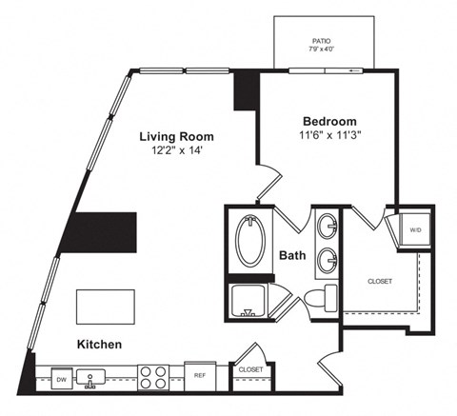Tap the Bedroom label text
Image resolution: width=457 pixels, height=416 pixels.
[329, 121]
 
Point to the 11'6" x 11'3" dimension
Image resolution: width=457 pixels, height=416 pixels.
[329, 135]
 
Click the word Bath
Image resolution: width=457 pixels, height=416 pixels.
[293, 255]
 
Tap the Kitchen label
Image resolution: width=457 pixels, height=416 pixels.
[100, 344]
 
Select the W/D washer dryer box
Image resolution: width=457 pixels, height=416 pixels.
[416, 230]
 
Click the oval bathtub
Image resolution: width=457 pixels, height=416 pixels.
[252, 243]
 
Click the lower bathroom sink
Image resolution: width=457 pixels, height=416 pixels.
[328, 258]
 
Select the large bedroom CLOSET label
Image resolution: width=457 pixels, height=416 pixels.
[379, 282]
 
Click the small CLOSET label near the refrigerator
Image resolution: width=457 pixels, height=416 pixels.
[250, 368]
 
